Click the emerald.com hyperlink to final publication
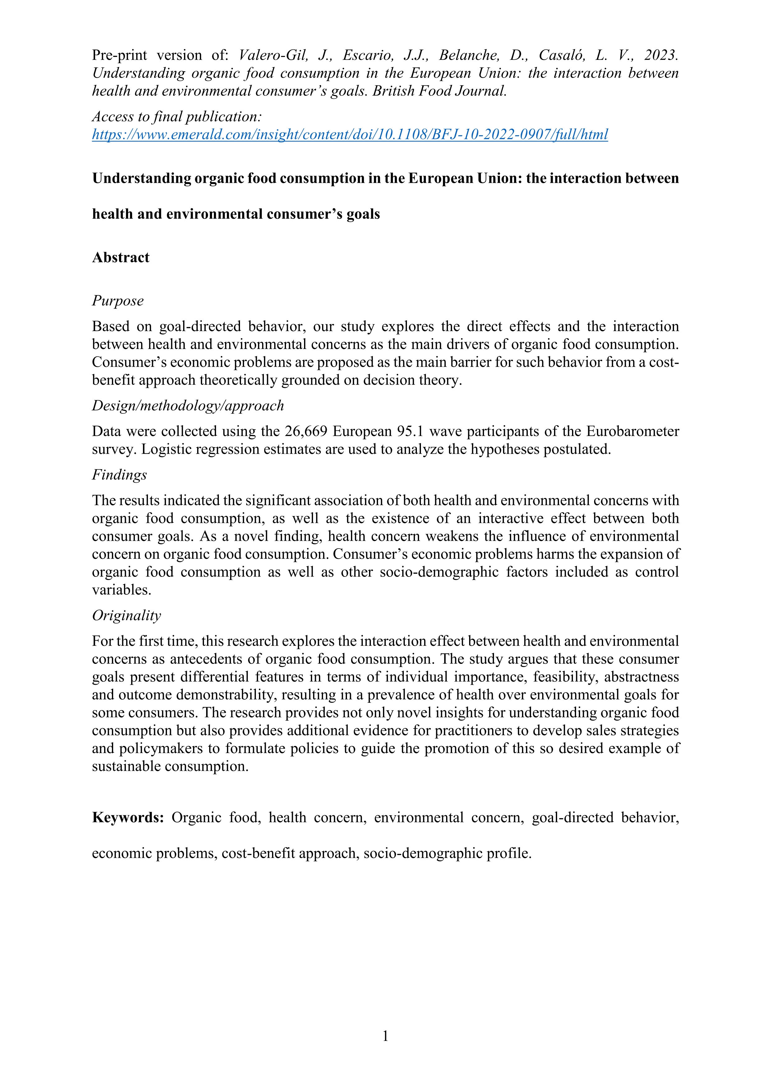pos(350,135)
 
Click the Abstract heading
pos(121,257)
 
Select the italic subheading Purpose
pos(118,301)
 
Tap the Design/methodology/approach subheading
pos(188,406)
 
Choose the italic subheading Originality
pos(126,616)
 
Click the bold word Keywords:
pos(128,817)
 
